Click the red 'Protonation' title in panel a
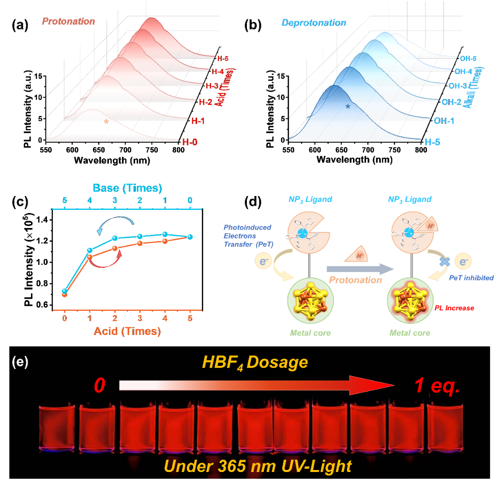(68, 21)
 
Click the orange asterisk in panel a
(106, 122)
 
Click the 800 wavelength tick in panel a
(178, 150)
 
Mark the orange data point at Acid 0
(64, 294)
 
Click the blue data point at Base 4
(90, 250)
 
